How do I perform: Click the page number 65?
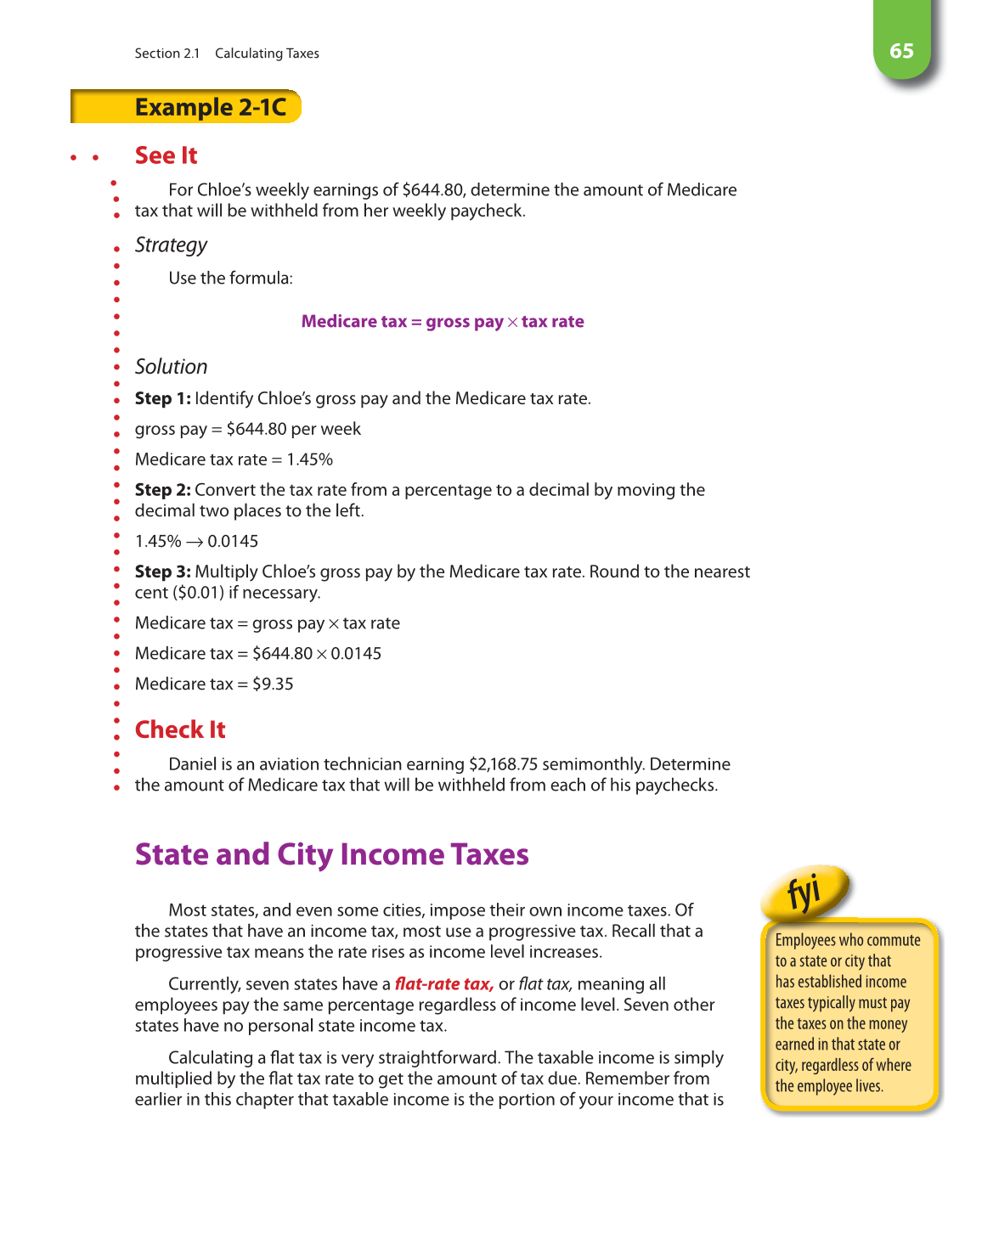(901, 51)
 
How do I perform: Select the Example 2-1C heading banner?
(210, 107)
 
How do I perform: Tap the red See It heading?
(166, 155)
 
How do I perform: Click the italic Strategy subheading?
(171, 245)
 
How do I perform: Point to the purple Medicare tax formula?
(443, 322)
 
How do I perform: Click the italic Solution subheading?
(171, 367)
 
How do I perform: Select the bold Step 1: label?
(162, 398)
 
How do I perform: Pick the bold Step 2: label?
(162, 490)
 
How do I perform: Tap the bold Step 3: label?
(162, 572)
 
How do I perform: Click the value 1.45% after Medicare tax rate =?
(309, 459)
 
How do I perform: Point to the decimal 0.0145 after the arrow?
(233, 542)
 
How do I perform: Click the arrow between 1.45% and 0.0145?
(195, 542)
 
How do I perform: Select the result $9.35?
(273, 684)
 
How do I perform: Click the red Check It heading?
(180, 729)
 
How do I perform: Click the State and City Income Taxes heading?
(331, 854)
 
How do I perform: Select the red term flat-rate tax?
(444, 984)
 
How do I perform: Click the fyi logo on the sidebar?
(804, 892)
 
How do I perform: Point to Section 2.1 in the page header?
(166, 54)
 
